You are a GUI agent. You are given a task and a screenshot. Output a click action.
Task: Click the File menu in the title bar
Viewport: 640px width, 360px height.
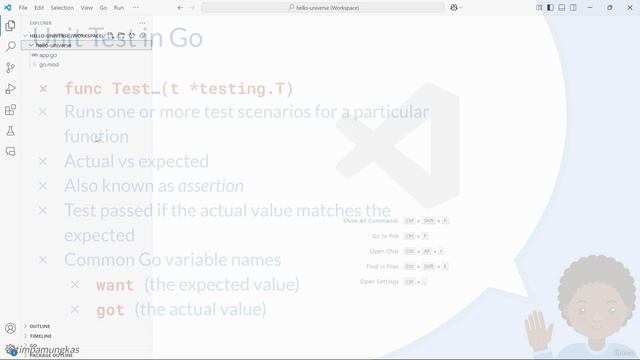click(x=22, y=7)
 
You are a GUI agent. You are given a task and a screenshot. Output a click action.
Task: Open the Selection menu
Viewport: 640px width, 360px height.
click(x=62, y=7)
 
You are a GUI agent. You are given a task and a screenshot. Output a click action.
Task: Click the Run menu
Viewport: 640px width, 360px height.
click(x=119, y=7)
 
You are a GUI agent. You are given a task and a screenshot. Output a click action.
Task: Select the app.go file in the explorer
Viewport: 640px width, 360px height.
click(x=48, y=55)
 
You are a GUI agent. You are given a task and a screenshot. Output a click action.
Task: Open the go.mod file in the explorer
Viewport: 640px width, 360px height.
click(x=49, y=64)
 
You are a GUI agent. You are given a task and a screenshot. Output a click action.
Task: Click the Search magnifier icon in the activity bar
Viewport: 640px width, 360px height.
click(x=11, y=46)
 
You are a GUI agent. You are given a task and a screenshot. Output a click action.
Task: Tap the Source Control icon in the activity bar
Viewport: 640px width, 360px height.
click(x=11, y=68)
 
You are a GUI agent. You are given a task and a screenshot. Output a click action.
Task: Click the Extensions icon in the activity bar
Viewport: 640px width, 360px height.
click(x=11, y=110)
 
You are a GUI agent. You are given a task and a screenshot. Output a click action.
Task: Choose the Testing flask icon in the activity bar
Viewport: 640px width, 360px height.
click(x=11, y=131)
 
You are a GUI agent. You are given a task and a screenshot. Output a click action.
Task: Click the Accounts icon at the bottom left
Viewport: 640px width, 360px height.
click(x=11, y=327)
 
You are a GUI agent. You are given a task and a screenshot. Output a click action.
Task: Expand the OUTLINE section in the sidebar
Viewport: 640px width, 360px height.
click(x=40, y=326)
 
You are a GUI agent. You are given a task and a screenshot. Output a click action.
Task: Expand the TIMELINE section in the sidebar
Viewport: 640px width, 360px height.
click(x=40, y=336)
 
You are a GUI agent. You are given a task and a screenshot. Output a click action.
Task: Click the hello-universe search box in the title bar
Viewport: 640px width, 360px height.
click(x=320, y=7)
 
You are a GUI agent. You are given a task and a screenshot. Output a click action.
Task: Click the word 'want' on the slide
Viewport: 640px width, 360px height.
click(x=115, y=285)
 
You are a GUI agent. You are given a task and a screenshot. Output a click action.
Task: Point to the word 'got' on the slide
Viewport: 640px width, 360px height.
click(x=110, y=310)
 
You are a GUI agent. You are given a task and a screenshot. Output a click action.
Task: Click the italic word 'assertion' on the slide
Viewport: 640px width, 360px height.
click(x=210, y=186)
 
